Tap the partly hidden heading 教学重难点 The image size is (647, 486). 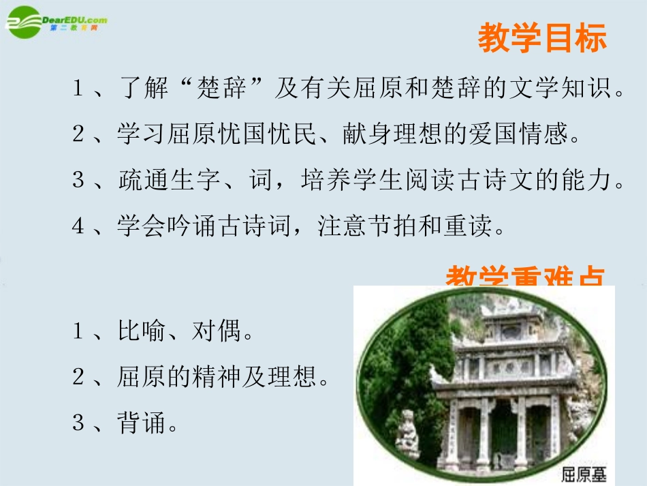coord(525,276)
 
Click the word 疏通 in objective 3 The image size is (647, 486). coord(140,180)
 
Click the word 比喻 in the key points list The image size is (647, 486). coord(140,332)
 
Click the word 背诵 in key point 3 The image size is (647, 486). coord(140,424)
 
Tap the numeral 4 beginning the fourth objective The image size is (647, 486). coord(78,226)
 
